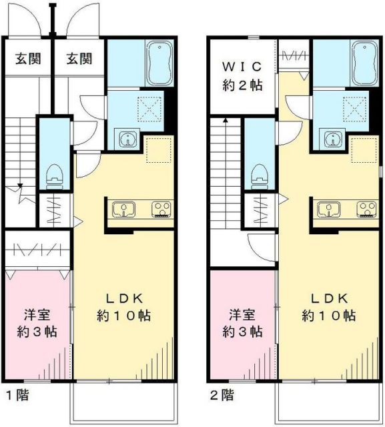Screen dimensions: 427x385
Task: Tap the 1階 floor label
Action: (17, 395)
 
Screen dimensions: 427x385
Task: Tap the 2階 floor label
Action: (223, 395)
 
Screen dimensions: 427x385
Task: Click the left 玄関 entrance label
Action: (27, 59)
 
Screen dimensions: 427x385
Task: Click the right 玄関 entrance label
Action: (79, 59)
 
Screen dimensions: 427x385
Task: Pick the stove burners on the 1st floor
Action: (160, 210)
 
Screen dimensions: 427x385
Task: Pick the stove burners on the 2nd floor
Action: (366, 210)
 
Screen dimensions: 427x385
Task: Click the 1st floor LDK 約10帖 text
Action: (123, 306)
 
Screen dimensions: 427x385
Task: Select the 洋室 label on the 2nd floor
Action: (242, 322)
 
